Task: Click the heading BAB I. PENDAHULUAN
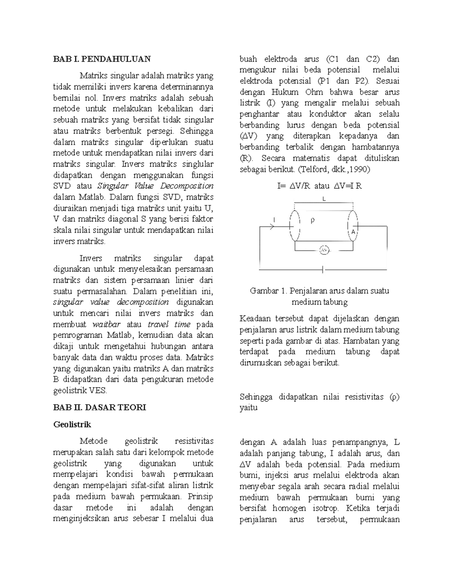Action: [x=102, y=59]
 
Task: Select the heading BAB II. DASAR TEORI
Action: [x=99, y=408]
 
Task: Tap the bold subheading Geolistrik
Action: [x=72, y=425]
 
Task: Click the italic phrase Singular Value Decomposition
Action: [x=156, y=186]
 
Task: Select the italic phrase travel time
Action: [x=169, y=324]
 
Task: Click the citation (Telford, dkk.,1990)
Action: [x=334, y=169]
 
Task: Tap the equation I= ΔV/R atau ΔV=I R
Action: [x=319, y=186]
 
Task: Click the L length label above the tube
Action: [x=324, y=199]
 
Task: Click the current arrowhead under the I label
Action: [x=274, y=226]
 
